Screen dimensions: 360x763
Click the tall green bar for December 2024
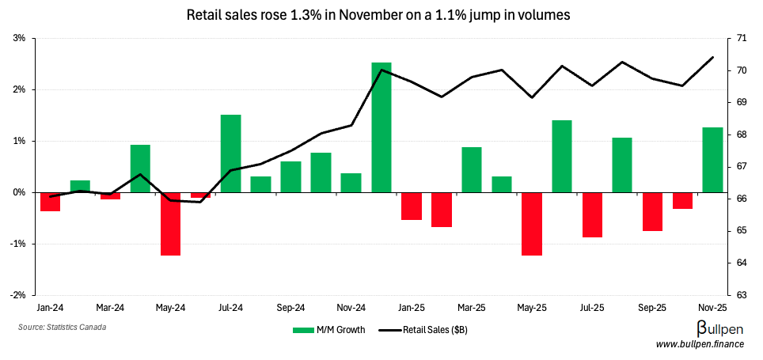pos(381,127)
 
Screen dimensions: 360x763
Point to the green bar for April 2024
pos(140,169)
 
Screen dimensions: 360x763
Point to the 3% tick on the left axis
pos(20,38)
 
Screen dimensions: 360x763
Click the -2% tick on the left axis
pos(18,295)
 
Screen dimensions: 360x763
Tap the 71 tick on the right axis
pos(742,38)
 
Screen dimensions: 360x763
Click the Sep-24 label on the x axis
pos(290,307)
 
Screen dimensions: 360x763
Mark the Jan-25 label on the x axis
pos(412,307)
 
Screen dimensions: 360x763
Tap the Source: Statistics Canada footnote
pos(62,327)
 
